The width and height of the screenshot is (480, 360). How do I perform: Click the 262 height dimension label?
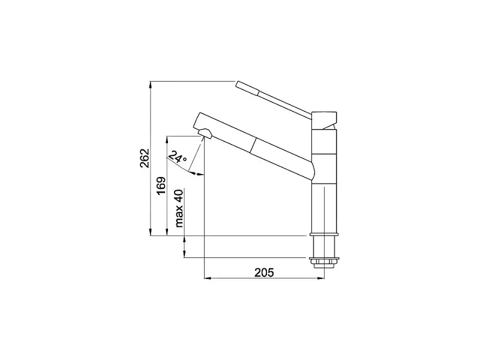coord(145,158)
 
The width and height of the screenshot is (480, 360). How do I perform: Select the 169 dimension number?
coord(161,185)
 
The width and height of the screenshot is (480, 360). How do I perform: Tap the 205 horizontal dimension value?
coord(264,272)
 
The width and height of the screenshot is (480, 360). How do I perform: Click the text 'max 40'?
coord(179,208)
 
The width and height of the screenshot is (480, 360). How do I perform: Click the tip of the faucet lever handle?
coord(237,84)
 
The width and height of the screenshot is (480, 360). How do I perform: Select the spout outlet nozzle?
coord(205,133)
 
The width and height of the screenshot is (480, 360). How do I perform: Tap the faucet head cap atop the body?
coord(324,121)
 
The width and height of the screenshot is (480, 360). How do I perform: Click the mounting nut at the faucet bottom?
coord(324,262)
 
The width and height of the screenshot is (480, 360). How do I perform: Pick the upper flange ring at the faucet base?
coord(324,235)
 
